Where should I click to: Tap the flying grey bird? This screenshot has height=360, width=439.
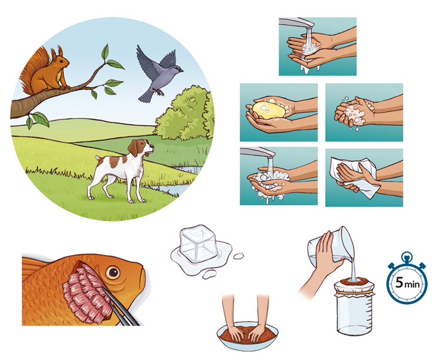157,73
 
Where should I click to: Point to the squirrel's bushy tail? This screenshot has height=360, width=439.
31,72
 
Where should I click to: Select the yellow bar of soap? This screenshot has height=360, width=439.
269,110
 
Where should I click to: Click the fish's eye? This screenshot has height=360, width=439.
113,272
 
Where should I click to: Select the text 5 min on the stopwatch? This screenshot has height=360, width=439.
407,283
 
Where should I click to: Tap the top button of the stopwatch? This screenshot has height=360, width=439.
407,256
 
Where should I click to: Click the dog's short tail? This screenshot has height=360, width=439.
98,159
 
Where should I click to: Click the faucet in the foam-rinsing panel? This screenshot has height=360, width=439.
258,153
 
